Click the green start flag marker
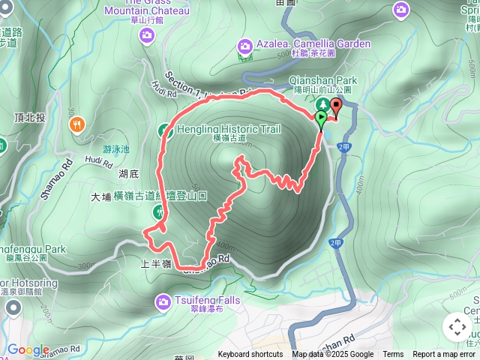(322, 118)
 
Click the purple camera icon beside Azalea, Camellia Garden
(244, 46)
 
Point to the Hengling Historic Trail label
(228, 130)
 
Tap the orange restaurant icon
(77, 125)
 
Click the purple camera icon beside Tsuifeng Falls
(163, 301)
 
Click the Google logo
(28, 350)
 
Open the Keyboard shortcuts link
(250, 355)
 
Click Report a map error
(444, 355)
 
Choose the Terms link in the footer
(393, 355)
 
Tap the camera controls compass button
(457, 327)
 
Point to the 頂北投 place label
(30, 118)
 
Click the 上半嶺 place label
(156, 264)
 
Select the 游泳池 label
(116, 149)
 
